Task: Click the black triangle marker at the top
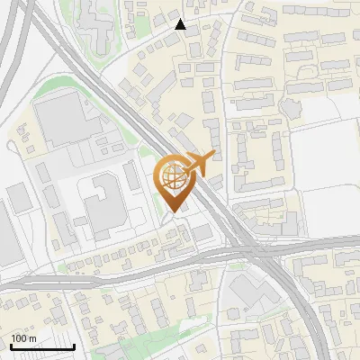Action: click(181, 24)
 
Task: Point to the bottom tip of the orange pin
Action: click(175, 211)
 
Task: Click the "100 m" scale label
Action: click(23, 337)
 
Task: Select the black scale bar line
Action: click(41, 346)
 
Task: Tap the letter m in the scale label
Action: click(32, 337)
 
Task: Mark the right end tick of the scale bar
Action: click(74, 345)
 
